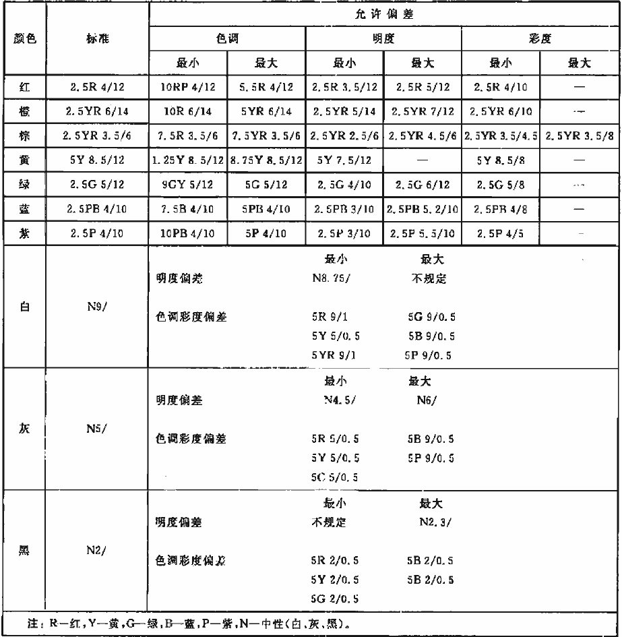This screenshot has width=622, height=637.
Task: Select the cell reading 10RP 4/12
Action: [189, 86]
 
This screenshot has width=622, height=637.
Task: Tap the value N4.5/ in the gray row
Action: [337, 400]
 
